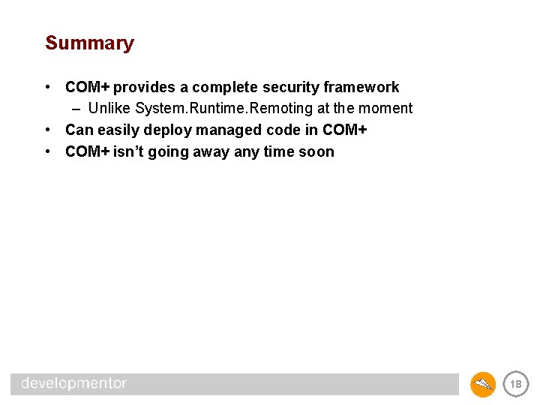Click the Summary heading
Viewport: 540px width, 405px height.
89,43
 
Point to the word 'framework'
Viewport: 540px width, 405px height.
361,87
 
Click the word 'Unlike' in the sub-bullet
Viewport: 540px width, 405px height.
109,109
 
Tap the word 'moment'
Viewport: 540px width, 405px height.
385,109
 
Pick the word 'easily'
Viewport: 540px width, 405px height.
117,130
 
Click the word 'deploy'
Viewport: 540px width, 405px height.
168,130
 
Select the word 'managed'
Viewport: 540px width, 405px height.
227,130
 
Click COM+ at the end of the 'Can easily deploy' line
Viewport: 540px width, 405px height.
344,130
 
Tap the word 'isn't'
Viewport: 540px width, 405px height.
130,152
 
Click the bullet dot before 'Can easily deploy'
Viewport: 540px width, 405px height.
49,130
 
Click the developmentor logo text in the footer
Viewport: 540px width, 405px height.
73,384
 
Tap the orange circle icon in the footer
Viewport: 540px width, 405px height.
483,385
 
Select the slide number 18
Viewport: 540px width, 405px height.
515,385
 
